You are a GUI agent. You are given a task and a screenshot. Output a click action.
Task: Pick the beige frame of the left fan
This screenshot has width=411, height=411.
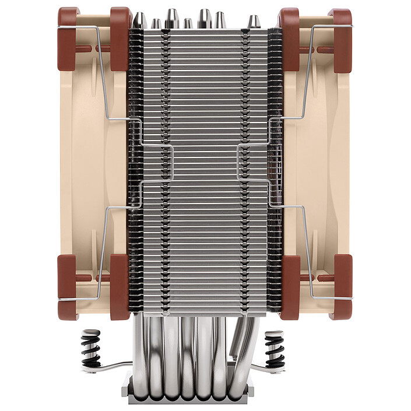point(87,163)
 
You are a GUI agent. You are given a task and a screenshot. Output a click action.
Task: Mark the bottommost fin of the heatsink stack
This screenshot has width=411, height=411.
point(204,306)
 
